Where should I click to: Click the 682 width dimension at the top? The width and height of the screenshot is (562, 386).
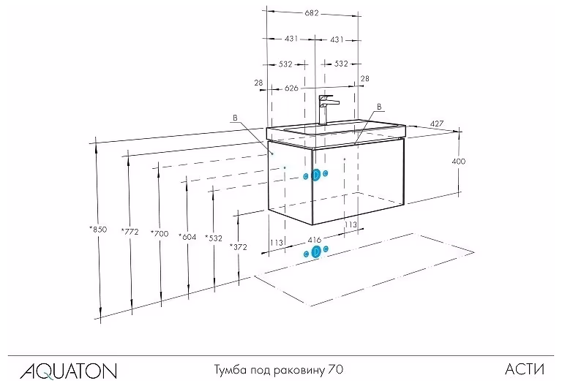tap(312, 13)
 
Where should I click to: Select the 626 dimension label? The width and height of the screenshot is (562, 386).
tap(291, 88)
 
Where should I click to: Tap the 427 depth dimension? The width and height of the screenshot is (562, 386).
tap(437, 124)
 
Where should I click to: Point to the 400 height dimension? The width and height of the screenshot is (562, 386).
tap(458, 162)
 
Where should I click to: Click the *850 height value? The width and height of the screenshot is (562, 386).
tap(98, 229)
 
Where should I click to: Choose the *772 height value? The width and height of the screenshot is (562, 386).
tap(130, 232)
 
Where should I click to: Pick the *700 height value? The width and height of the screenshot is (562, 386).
tap(159, 234)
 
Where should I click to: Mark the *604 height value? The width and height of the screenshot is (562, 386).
tap(187, 237)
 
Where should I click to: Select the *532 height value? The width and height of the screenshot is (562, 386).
tap(214, 238)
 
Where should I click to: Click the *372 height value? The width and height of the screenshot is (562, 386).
tap(239, 246)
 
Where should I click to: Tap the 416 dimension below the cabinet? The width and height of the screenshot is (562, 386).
tap(315, 240)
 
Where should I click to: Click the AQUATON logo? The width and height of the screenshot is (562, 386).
tap(69, 371)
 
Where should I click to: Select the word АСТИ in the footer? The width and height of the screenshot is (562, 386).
tap(525, 369)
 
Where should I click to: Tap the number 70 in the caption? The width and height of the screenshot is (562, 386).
tap(335, 369)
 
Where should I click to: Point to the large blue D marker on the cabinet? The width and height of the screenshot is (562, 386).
tap(316, 175)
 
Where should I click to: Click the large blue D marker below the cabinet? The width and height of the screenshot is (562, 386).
tap(316, 251)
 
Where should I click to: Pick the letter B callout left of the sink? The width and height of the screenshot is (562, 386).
tap(235, 118)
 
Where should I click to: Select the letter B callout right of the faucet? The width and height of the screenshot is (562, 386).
tap(379, 107)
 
